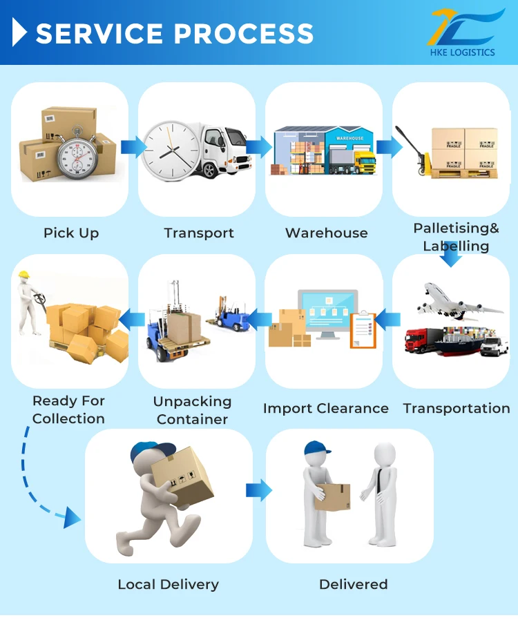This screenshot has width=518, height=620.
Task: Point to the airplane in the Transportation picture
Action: coord(456,300)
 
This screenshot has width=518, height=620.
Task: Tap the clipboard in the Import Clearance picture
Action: coord(363,328)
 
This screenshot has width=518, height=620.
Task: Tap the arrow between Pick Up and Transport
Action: coord(133,146)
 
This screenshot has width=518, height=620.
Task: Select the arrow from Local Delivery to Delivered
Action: coord(259,490)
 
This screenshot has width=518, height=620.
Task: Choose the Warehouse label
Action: coord(326,233)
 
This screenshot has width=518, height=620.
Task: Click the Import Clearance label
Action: coord(325,409)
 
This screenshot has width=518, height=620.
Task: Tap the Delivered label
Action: coord(353,585)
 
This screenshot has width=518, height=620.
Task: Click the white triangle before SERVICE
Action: coord(20,32)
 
